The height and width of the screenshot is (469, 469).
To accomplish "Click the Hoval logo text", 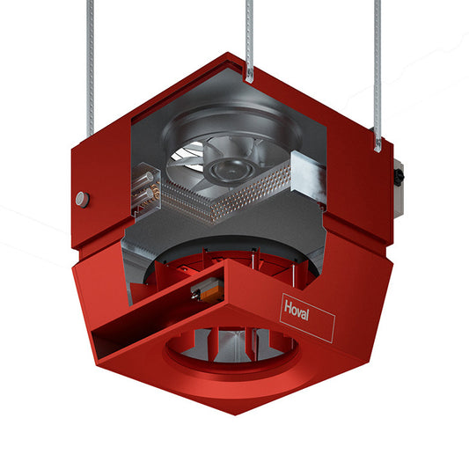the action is click(297, 311).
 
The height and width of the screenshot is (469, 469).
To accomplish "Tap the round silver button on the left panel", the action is click(82, 200).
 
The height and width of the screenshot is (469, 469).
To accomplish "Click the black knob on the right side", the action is click(399, 176).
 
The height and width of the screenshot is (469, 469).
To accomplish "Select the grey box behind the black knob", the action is click(399, 189).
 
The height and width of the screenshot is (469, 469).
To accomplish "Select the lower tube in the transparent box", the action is click(143, 195).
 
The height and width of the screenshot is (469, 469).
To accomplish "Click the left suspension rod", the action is click(90, 69).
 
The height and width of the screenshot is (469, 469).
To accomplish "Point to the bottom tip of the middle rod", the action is click(249, 82).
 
